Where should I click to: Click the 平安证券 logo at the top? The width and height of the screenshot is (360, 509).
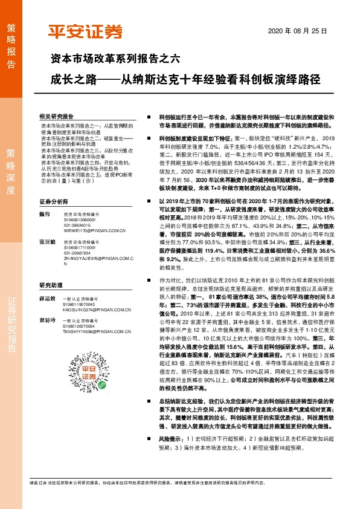pos(85,31)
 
